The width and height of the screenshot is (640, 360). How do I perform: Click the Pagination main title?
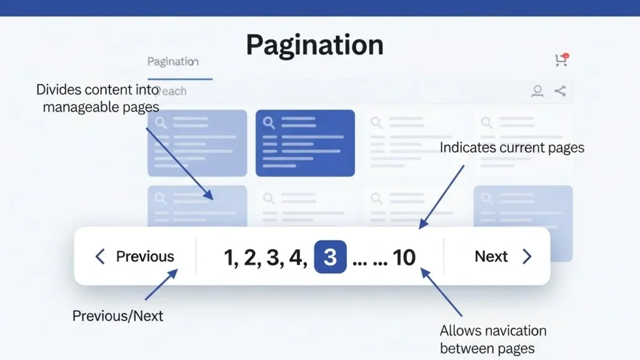pyautogui.click(x=314, y=45)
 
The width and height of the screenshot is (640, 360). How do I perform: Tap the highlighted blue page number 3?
pyautogui.click(x=330, y=256)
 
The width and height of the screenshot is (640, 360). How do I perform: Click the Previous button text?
pyautogui.click(x=145, y=256)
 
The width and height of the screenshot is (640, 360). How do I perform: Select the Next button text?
pyautogui.click(x=491, y=256)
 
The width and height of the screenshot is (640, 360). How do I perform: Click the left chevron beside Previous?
pyautogui.click(x=100, y=256)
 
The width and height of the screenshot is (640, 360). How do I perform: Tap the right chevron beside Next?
pyautogui.click(x=527, y=256)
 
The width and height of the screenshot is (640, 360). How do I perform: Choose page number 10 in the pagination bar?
pyautogui.click(x=404, y=257)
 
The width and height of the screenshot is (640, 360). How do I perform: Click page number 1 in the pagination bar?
pyautogui.click(x=229, y=257)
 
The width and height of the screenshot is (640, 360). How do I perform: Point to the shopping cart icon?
pyautogui.click(x=561, y=60)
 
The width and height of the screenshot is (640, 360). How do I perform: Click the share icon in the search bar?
pyautogui.click(x=560, y=91)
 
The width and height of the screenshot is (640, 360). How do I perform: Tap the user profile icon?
pyautogui.click(x=537, y=91)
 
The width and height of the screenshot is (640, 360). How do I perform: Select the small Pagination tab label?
pyautogui.click(x=172, y=61)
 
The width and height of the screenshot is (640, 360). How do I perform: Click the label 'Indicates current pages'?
pyautogui.click(x=512, y=148)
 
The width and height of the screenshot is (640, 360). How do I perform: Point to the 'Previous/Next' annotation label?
pyautogui.click(x=117, y=316)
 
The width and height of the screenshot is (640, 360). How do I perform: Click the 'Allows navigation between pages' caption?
pyautogui.click(x=492, y=339)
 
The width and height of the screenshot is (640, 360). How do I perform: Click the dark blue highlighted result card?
pyautogui.click(x=305, y=143)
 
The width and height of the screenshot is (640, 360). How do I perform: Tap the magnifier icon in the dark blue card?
pyautogui.click(x=269, y=122)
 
